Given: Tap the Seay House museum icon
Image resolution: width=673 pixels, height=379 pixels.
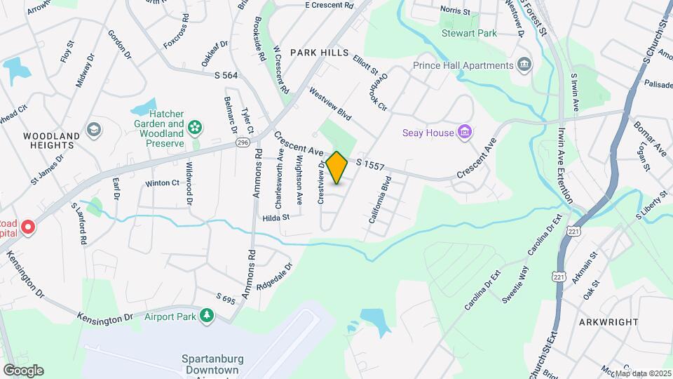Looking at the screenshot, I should click(463, 132).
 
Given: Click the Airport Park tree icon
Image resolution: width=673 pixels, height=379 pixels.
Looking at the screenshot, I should click(206, 316).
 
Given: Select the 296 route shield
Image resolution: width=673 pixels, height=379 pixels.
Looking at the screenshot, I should click(243, 142).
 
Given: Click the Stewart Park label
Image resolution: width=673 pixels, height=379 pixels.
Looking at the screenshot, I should click(465, 32).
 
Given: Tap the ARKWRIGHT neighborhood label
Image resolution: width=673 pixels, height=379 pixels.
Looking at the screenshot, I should click(609, 321).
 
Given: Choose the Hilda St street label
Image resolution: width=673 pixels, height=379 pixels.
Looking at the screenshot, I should click(276, 218).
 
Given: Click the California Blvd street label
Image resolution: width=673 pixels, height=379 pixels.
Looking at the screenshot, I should click(380, 200).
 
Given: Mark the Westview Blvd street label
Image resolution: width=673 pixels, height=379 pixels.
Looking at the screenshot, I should click(329, 102).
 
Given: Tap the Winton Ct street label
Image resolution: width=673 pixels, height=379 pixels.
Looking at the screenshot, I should click(162, 183).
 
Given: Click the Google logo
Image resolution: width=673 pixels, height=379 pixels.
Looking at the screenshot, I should click(22, 370).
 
